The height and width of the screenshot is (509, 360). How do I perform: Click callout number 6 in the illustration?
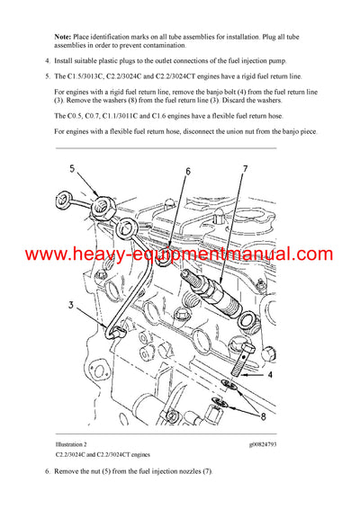coord(188,170)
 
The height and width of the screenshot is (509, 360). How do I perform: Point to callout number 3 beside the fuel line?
coord(69,308)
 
